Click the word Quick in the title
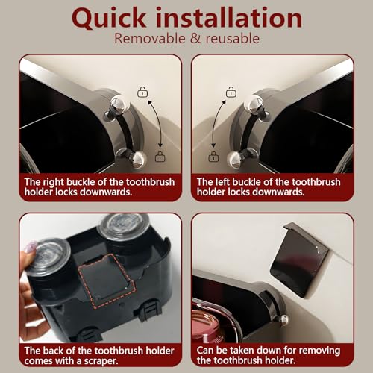109,19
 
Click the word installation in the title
229,17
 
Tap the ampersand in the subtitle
195,39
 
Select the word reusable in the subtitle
233,39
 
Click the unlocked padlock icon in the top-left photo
142,92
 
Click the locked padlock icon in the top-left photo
160,157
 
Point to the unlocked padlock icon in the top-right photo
231,92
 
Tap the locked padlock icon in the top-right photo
213,157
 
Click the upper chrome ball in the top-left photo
119,104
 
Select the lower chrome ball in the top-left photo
138,159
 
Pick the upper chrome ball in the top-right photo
254,104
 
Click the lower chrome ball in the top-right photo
236,160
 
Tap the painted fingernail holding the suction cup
31,247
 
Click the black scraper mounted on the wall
298,259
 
